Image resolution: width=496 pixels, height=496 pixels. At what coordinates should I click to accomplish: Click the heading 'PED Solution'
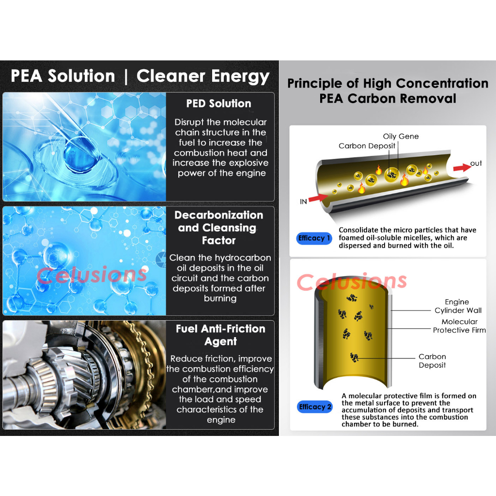pyautogui.click(x=218, y=104)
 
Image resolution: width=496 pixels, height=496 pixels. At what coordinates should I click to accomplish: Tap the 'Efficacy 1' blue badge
pyautogui.click(x=314, y=238)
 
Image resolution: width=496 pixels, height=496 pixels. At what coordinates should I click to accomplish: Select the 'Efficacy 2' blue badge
pyautogui.click(x=315, y=407)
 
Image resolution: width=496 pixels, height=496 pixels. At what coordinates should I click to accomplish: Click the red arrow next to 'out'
pyautogui.click(x=462, y=167)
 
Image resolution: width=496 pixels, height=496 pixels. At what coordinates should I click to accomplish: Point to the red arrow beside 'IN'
pyautogui.click(x=318, y=198)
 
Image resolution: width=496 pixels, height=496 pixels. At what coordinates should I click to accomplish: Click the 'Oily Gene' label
pyautogui.click(x=401, y=136)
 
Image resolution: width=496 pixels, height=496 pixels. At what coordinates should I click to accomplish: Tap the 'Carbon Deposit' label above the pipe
pyautogui.click(x=367, y=146)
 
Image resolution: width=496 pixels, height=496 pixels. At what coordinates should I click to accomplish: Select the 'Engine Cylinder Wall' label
pyautogui.click(x=458, y=306)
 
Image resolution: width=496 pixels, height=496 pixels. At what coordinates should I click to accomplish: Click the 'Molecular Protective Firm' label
pyautogui.click(x=459, y=326)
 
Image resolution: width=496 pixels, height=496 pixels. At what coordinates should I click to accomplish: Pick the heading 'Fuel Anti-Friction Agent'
pyautogui.click(x=220, y=335)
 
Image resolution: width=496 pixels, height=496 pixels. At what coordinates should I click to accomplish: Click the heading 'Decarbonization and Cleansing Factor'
pyautogui.click(x=219, y=228)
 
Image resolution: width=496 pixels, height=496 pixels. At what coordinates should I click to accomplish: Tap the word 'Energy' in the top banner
pyautogui.click(x=240, y=77)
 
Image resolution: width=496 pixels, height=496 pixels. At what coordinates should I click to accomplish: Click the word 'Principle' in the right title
pyautogui.click(x=315, y=84)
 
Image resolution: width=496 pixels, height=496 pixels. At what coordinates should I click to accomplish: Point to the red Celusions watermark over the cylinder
pyautogui.click(x=352, y=281)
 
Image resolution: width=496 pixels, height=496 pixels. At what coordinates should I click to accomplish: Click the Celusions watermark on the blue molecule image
pyautogui.click(x=92, y=275)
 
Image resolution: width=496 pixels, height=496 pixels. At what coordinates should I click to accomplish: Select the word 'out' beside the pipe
pyautogui.click(x=476, y=163)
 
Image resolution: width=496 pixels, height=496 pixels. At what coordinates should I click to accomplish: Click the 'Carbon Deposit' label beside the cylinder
pyautogui.click(x=432, y=360)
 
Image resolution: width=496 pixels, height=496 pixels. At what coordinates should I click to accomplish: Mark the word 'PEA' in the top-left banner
pyautogui.click(x=27, y=76)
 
